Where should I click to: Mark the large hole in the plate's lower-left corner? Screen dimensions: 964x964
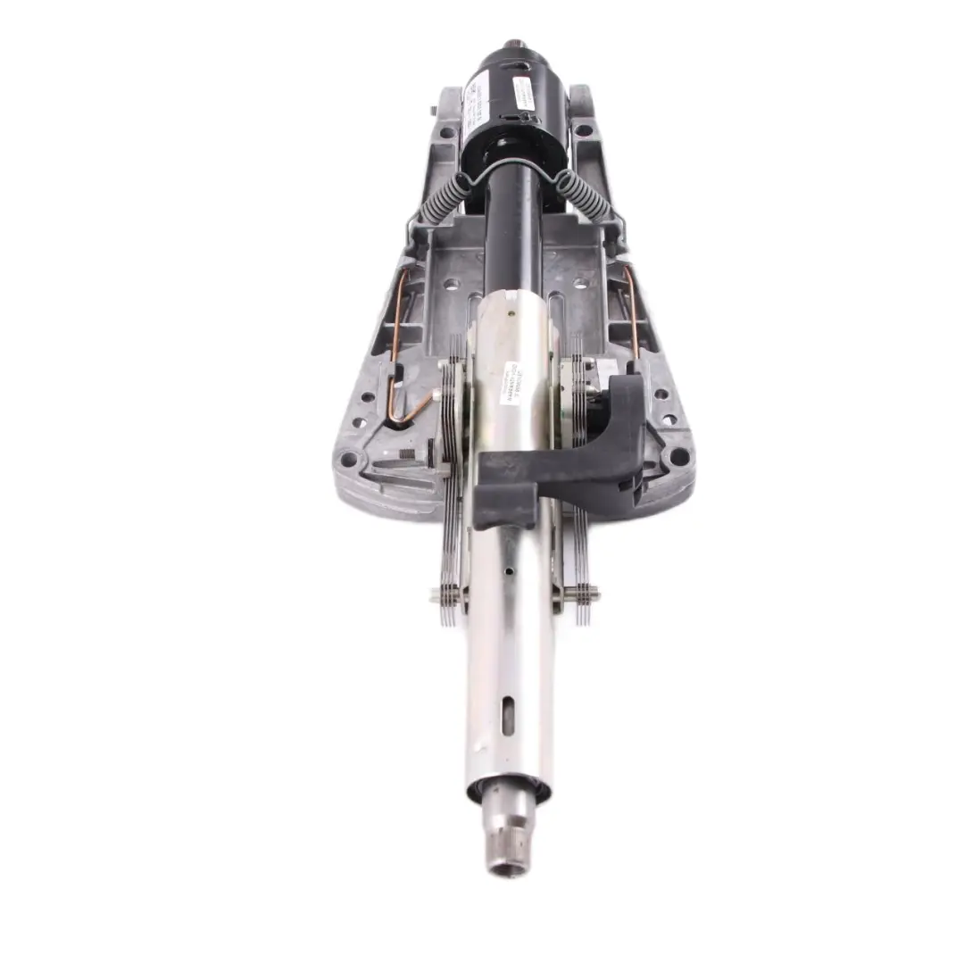click(348, 461)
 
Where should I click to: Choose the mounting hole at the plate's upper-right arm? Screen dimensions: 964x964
click(584, 130)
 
